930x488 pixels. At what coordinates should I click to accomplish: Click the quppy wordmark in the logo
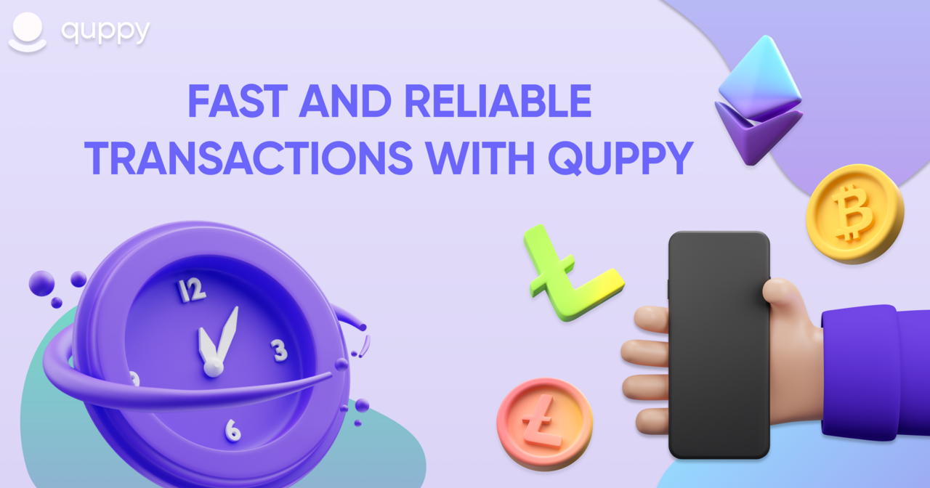[x=105, y=31]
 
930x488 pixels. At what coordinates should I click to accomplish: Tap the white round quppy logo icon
[x=28, y=33]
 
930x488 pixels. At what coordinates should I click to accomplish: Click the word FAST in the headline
[x=238, y=101]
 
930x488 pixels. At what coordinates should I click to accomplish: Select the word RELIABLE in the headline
[x=498, y=101]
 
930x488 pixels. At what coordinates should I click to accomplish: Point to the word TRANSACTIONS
[x=248, y=158]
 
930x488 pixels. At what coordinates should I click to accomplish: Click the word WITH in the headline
[x=480, y=158]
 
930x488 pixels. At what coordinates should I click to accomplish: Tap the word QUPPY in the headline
[x=620, y=158]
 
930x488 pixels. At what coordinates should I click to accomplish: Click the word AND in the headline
[x=345, y=101]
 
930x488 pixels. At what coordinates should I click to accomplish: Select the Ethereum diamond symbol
[x=759, y=100]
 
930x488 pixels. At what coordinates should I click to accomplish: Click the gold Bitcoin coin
[x=855, y=213]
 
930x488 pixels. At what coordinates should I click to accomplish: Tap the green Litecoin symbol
[x=573, y=273]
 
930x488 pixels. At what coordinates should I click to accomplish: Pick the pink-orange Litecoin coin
[x=545, y=423]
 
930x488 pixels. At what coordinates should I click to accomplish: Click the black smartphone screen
[x=719, y=344]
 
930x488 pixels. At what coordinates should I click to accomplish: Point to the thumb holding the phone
[x=780, y=292]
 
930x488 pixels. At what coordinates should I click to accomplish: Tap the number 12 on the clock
[x=191, y=290]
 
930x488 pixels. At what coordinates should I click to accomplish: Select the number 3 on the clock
[x=280, y=350]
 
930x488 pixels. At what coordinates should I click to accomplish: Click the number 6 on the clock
[x=233, y=431]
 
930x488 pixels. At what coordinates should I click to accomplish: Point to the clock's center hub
[x=214, y=367]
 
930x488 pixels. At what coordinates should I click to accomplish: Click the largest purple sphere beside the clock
[x=41, y=283]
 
